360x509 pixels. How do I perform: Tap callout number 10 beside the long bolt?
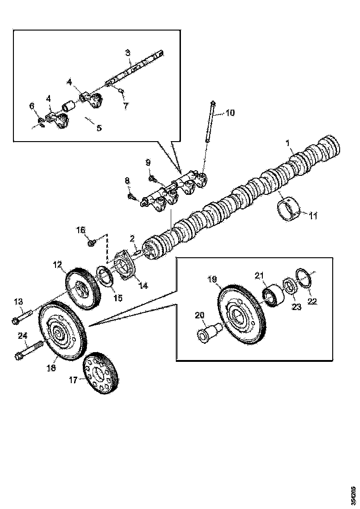click(230, 112)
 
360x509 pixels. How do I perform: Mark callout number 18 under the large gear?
click(51, 368)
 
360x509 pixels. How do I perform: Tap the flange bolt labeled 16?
click(92, 242)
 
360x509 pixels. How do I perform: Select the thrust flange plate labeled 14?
click(124, 266)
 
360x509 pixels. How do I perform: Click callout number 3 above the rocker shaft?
click(128, 52)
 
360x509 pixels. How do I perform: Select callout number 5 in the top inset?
click(99, 127)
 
